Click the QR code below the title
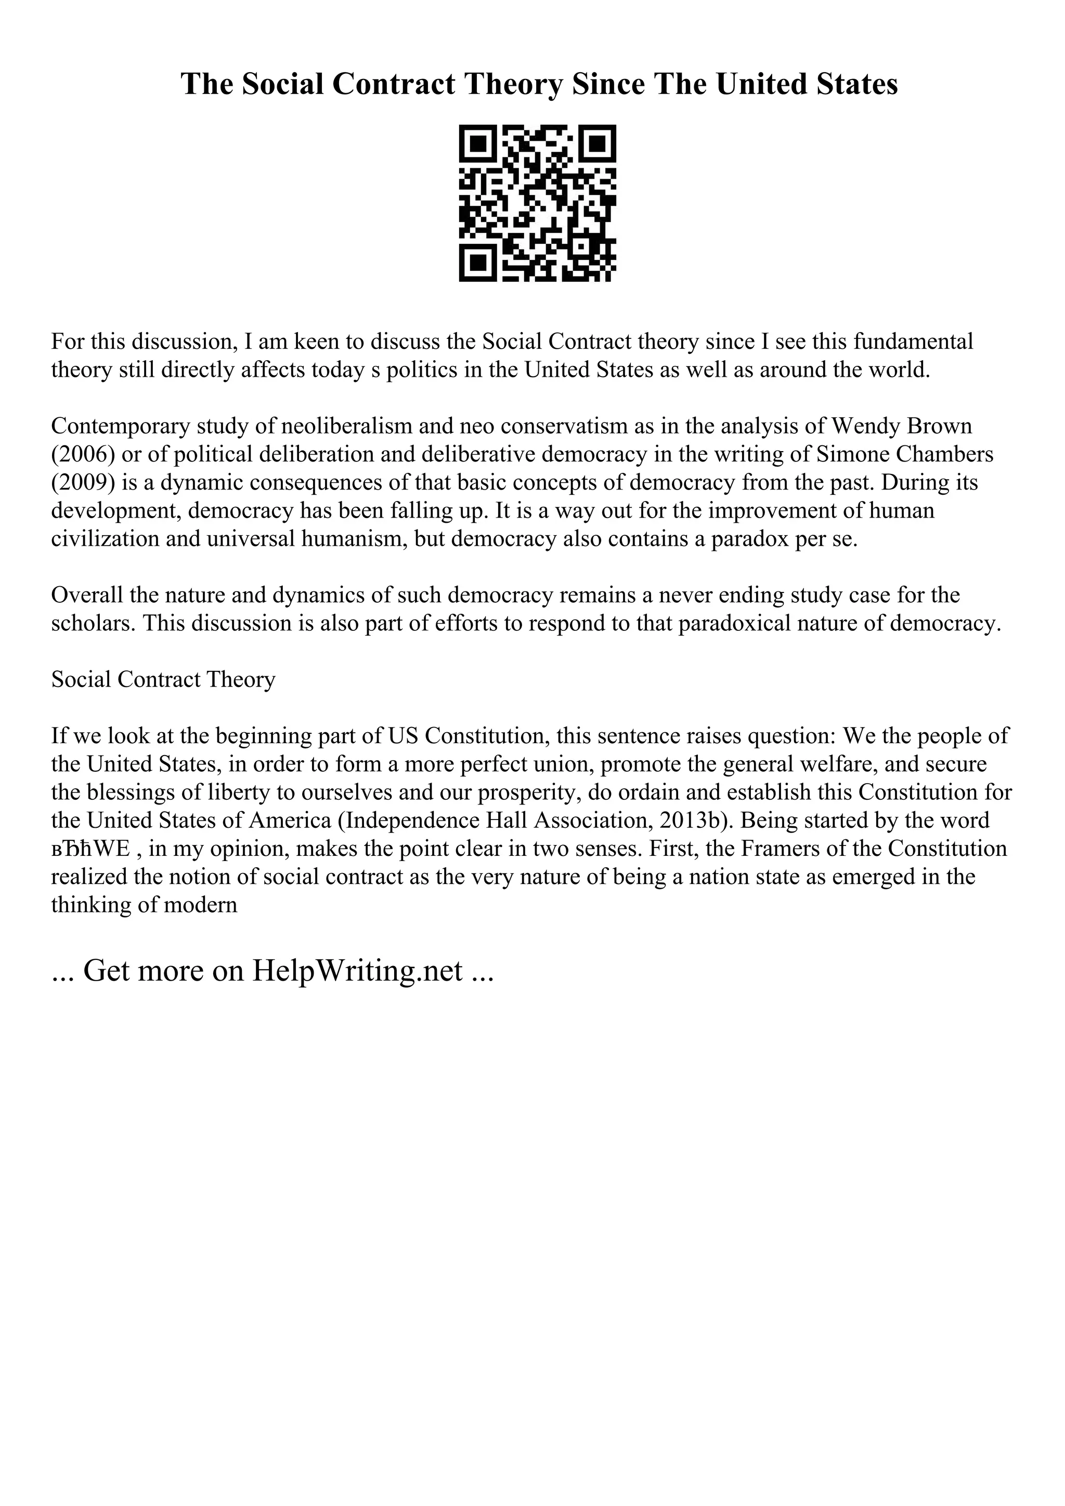tap(537, 203)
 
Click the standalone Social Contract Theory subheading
tap(163, 680)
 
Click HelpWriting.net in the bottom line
tap(358, 971)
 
